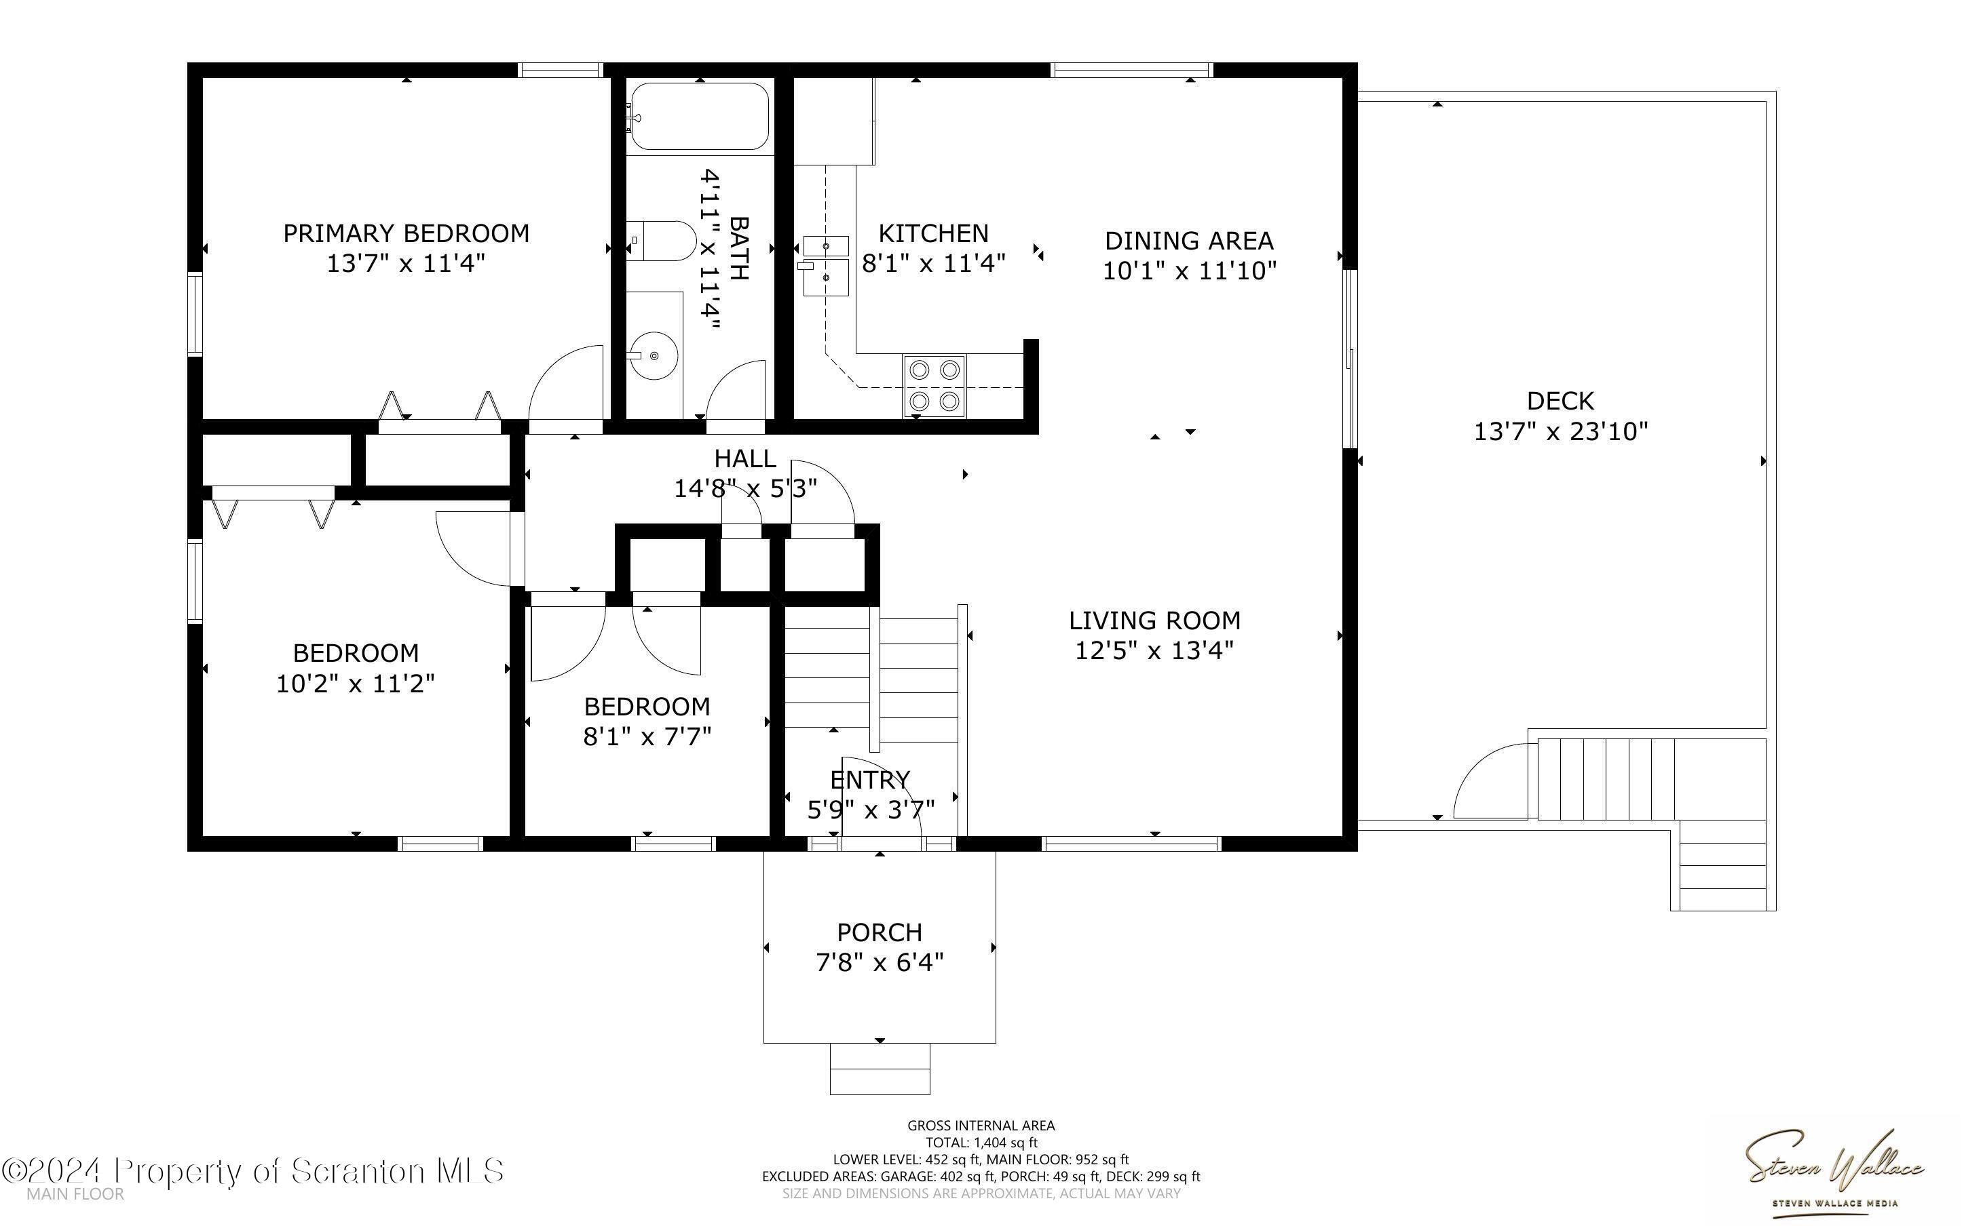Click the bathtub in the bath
[x=698, y=116]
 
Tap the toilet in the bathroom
[x=660, y=241]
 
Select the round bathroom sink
[x=653, y=355]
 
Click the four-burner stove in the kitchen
[x=934, y=386]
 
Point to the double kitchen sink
[x=825, y=266]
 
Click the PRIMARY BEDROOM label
[x=406, y=233]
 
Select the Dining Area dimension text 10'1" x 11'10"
[x=1189, y=270]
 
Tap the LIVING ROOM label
[x=1154, y=620]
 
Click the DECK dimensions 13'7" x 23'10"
[x=1561, y=431]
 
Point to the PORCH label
[x=880, y=932]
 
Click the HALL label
[x=744, y=458]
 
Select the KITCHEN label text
[x=934, y=233]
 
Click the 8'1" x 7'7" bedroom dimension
[x=647, y=736]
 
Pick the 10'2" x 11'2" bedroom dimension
[x=356, y=683]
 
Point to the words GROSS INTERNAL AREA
[x=981, y=1125]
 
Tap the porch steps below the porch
[x=880, y=1069]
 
